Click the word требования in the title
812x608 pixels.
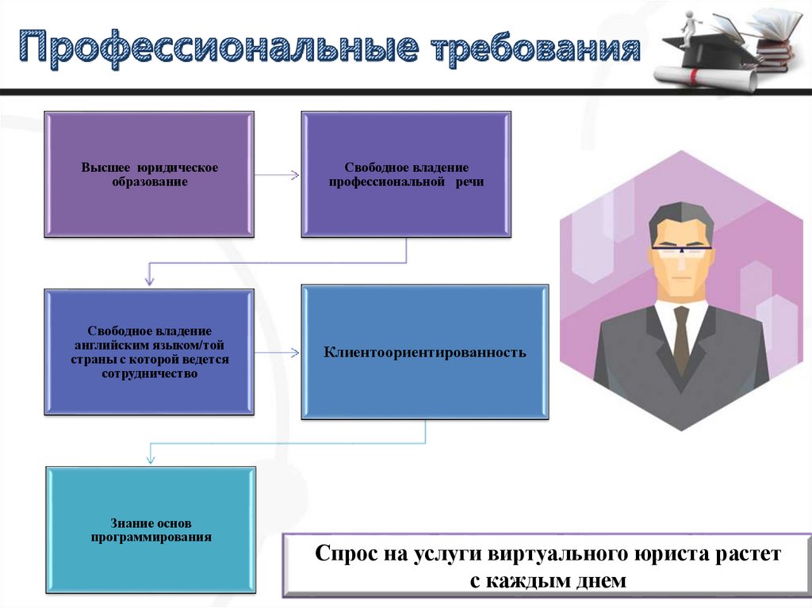(x=535, y=49)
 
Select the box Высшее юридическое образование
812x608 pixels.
(x=150, y=174)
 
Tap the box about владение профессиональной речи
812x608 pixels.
(x=406, y=174)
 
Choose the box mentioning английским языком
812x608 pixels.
(x=150, y=351)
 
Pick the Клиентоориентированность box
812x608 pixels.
(x=424, y=351)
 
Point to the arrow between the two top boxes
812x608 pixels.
(x=278, y=174)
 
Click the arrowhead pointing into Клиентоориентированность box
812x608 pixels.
(x=296, y=351)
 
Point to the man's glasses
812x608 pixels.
(x=681, y=250)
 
